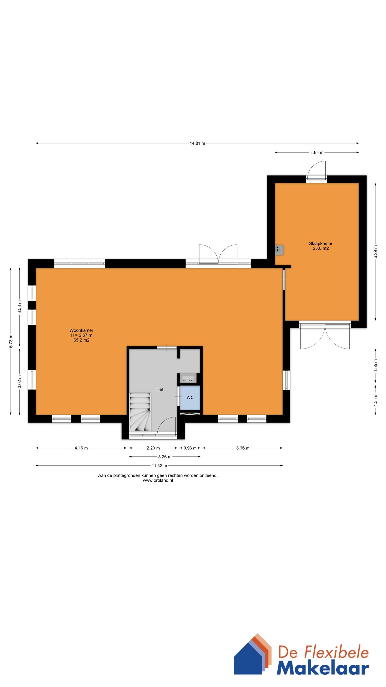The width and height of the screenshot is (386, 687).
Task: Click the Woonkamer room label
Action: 81,330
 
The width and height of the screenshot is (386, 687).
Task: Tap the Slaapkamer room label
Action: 320,243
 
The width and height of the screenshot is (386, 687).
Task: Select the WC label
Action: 190,397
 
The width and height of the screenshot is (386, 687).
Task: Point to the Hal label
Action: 160,389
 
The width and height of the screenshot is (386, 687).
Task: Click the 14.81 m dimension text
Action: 197,143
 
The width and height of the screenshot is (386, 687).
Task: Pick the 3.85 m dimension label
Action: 317,153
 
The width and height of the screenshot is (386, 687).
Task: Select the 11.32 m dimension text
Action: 159,466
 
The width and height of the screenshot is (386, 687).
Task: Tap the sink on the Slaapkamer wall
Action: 279,250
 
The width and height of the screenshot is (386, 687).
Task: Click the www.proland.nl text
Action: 158,480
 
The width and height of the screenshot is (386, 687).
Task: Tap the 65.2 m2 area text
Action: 81,340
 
